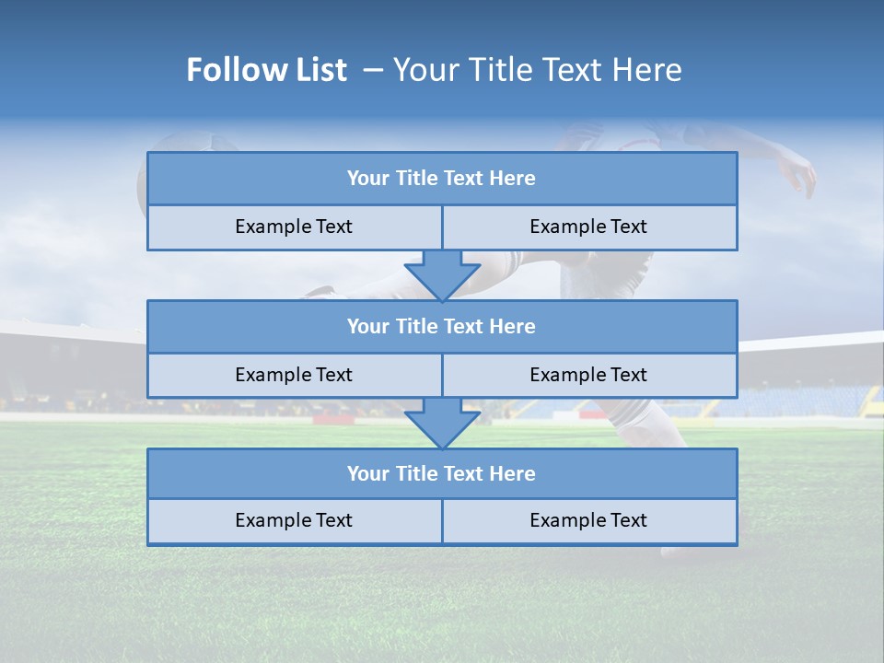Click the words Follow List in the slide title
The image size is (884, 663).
click(266, 70)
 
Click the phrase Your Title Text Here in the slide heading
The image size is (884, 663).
click(538, 70)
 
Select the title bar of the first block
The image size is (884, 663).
click(442, 179)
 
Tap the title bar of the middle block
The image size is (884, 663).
click(442, 326)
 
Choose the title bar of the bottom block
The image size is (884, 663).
click(442, 473)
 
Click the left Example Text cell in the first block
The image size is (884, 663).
click(294, 227)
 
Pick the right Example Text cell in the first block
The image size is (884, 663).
click(589, 227)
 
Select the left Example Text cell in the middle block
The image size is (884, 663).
click(294, 375)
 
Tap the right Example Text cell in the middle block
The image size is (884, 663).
click(589, 375)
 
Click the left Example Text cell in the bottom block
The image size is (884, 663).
click(294, 521)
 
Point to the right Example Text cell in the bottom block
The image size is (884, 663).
click(589, 521)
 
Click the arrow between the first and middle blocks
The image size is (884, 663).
click(442, 274)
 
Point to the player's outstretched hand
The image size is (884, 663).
click(799, 175)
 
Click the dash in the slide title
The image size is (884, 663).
click(374, 70)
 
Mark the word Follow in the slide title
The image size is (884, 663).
click(231, 70)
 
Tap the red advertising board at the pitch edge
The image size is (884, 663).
click(333, 419)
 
